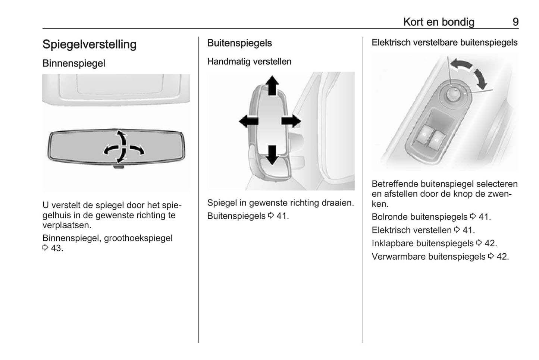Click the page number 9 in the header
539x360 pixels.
[515, 22]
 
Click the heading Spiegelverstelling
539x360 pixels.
[90, 44]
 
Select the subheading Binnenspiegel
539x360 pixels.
[74, 63]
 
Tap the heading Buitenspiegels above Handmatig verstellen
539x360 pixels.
[239, 43]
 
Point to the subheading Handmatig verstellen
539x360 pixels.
[249, 62]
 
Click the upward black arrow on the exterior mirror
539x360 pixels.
[272, 85]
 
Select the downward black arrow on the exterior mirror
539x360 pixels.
[272, 154]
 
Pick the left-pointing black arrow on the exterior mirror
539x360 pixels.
[248, 121]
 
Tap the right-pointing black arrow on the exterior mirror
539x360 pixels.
[291, 121]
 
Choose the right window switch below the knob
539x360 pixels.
[436, 141]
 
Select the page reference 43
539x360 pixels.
[56, 248]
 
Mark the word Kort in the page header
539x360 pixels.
[413, 22]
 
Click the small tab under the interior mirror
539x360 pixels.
[118, 166]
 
